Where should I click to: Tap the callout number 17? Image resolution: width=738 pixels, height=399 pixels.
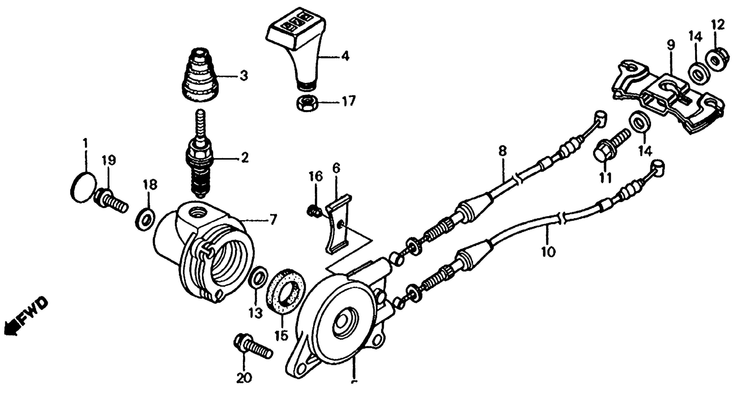(x=348, y=101)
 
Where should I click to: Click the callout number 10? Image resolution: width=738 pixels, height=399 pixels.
(x=548, y=252)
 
